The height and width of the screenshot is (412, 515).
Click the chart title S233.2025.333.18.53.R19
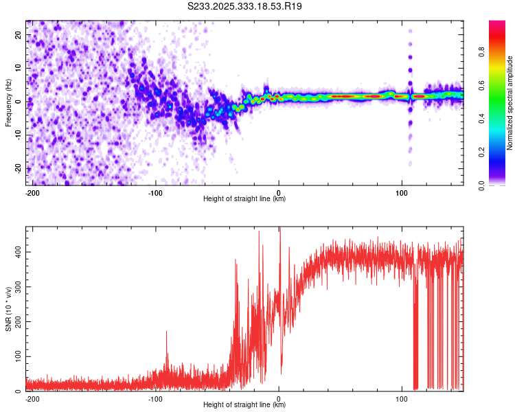coord(245,6)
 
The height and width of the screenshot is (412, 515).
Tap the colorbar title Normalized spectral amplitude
coord(510,103)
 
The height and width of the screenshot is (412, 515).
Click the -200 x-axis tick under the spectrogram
coord(31,192)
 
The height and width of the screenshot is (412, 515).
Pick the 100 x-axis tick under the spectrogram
coord(402,192)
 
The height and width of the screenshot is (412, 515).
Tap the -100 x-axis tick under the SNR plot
coord(155,398)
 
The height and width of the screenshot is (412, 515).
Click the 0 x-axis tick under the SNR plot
coord(279,398)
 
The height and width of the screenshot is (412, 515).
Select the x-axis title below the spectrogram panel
coord(244,199)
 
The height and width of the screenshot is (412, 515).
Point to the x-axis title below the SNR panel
coord(244,405)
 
